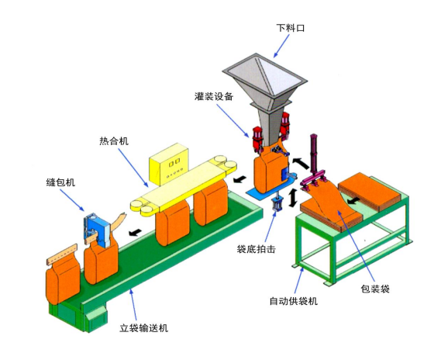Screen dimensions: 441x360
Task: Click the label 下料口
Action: [291, 28]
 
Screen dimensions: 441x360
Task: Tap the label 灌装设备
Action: [214, 96]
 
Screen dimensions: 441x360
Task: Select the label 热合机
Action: [114, 141]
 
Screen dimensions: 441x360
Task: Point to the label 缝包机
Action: [60, 182]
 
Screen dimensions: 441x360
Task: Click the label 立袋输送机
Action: [143, 328]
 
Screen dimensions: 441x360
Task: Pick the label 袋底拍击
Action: [256, 249]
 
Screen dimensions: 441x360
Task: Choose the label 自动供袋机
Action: [293, 301]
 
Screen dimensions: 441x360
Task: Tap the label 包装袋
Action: [375, 289]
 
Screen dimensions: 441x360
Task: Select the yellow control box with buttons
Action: [169, 164]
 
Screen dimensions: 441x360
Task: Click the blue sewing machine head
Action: [98, 230]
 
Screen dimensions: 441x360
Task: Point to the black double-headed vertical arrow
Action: [293, 198]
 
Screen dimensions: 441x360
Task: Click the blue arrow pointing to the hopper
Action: [282, 46]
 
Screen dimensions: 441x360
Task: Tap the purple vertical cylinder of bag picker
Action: [314, 154]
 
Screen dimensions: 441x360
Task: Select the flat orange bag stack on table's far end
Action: [368, 192]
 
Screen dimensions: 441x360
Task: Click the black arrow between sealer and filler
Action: [240, 179]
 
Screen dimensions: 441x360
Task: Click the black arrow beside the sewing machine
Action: [135, 232]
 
